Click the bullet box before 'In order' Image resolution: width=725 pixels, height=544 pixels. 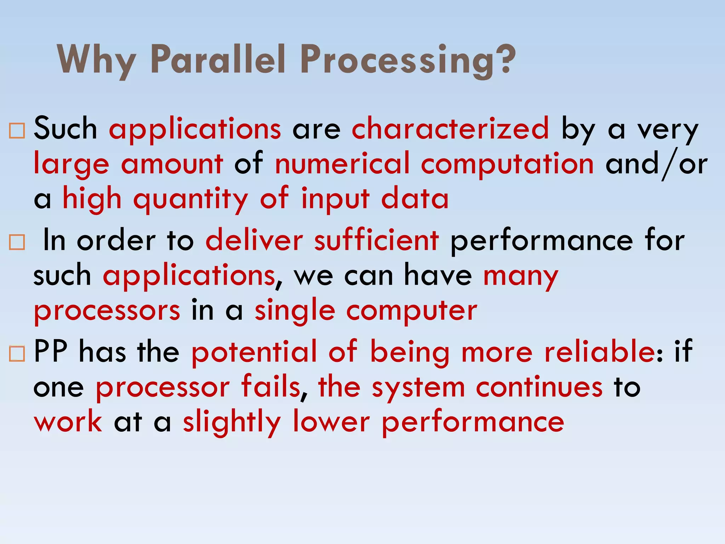[x=17, y=243]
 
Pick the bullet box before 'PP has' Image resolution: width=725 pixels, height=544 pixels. [x=17, y=354]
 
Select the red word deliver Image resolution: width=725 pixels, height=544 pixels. [x=254, y=241]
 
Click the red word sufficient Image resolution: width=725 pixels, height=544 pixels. [x=376, y=241]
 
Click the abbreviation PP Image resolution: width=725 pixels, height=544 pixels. [x=50, y=352]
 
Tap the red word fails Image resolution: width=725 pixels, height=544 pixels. [x=270, y=387]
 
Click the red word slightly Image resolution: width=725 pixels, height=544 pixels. [x=232, y=422]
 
